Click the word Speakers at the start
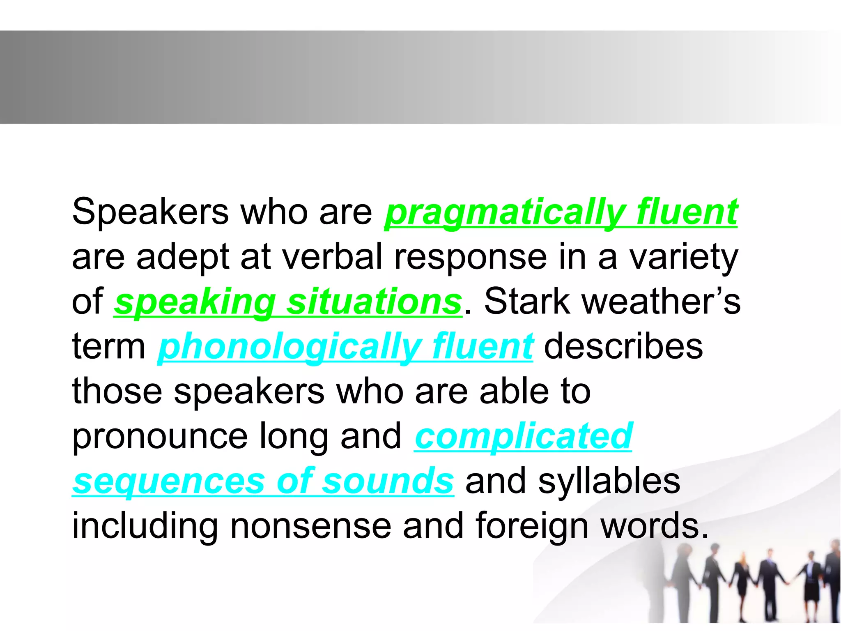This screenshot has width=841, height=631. [150, 212]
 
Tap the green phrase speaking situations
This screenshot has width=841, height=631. [288, 302]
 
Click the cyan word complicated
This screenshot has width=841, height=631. [523, 436]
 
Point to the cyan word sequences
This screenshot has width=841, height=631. [168, 481]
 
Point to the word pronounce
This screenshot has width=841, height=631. [160, 436]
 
